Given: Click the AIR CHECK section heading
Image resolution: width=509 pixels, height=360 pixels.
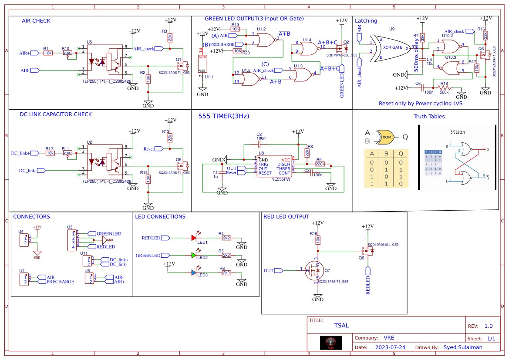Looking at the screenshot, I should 36,21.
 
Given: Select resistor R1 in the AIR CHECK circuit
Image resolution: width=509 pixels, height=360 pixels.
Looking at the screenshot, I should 48,53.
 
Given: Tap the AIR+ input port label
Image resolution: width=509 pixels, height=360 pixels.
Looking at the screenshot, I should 24,53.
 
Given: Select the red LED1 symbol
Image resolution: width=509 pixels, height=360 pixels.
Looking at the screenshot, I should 194,238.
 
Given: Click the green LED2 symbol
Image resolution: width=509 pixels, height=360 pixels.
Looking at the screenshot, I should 194,256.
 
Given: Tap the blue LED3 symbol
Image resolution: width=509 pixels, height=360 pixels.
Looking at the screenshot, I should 194,273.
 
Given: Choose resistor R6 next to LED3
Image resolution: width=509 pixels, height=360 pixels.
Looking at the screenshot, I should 226,273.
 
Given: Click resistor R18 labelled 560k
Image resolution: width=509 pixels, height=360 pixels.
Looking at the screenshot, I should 444,88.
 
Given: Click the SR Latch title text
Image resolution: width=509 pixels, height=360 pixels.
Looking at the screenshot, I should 458,132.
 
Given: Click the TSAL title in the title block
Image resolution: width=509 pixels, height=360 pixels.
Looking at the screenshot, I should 341,326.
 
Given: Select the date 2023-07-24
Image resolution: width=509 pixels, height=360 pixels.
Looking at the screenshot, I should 390,347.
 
